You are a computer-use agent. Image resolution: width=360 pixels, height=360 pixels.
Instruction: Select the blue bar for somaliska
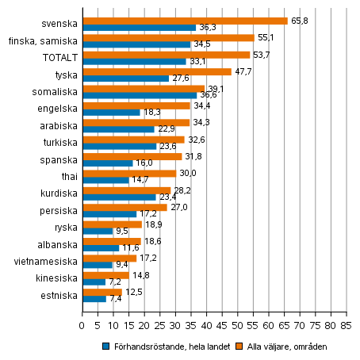click(139, 95)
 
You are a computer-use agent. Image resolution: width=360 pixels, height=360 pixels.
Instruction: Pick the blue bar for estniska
click(94, 299)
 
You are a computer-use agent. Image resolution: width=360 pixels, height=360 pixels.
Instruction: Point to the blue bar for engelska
click(111, 112)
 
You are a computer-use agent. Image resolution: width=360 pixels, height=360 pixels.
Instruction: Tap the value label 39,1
click(216, 89)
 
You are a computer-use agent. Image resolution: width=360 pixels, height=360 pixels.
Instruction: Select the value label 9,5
click(121, 232)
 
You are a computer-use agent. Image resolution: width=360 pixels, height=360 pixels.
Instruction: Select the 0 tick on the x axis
click(82, 325)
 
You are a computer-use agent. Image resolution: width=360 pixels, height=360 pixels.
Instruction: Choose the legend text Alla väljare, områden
click(284, 347)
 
